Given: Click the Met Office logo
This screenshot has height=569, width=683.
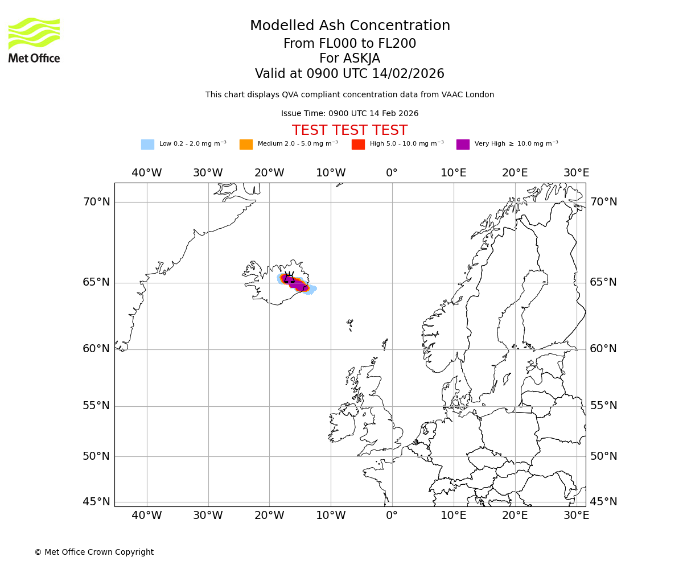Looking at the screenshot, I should pos(34,40).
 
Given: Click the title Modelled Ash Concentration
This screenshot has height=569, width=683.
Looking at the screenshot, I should pos(349,26).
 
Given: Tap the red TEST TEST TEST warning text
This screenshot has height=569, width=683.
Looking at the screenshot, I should pos(349,130).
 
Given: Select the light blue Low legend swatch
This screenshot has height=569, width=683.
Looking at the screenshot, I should pos(147,145).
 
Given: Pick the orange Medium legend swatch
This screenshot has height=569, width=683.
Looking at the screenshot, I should pos(246,145).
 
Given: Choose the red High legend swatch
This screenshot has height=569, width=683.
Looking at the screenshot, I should pos(358,145).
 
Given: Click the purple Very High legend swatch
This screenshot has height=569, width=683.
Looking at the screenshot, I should pos(463,145).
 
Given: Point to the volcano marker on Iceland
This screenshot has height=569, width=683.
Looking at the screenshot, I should pos(290,278).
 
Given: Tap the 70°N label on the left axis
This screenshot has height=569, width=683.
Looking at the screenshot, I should pos(96,202).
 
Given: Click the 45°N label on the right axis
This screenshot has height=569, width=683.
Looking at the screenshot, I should pos(603,502).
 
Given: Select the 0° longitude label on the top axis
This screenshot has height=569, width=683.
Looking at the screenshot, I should pos(392,173).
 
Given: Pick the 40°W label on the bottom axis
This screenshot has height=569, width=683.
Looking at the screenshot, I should pos(147,516).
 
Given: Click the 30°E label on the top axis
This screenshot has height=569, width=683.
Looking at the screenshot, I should pos(576,173).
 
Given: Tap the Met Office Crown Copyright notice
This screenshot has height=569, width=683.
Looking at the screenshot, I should pos(94,552).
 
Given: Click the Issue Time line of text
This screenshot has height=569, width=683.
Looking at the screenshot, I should pos(349,114).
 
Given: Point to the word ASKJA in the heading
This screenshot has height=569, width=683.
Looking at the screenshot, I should pos(349,59).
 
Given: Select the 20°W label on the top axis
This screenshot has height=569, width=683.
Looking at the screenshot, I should pos(269,173).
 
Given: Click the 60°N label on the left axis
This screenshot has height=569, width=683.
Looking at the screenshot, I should pos(96,349).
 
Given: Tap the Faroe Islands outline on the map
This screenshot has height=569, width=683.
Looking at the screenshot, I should pos(350,325).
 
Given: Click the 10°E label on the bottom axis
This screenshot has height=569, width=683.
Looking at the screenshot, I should pos(454,516).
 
